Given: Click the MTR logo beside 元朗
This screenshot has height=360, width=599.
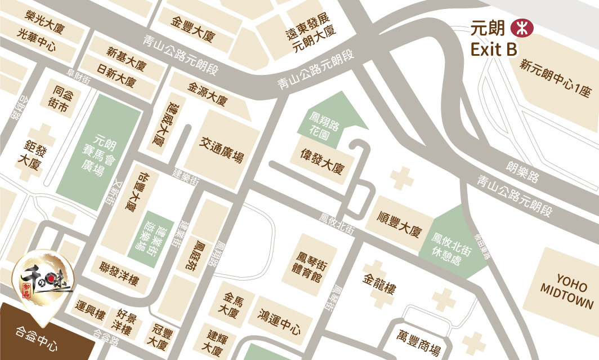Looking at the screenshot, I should (x=521, y=28).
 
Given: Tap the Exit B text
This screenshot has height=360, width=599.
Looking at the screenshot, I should (x=494, y=50).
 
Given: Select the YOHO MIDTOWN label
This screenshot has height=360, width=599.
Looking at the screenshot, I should (x=567, y=292).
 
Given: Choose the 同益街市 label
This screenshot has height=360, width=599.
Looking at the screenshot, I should (x=60, y=98).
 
